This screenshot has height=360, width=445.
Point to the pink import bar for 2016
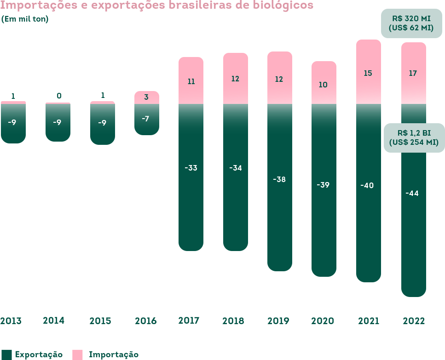pos(146,97)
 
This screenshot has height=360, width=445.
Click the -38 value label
pos(279,179)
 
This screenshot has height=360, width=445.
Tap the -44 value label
pos(412,194)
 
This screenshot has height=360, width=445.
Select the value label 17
pos(413,73)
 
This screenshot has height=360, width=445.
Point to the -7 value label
pos(145,119)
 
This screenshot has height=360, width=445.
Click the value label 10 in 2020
pos(323,85)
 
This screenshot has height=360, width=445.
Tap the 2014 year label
pos(54,320)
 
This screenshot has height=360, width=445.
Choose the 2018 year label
pos(233,321)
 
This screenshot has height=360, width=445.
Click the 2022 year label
pos(414,321)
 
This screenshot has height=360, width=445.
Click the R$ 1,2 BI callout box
pos(414,137)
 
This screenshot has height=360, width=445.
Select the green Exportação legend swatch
pos(6,354)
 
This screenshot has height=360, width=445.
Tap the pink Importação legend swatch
pos(78,354)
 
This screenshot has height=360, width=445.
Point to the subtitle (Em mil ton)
pos(25,19)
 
